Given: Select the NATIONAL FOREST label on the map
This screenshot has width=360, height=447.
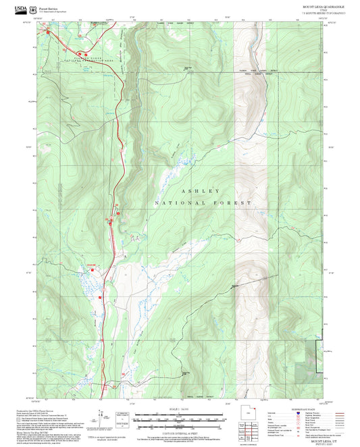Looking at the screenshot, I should (203, 203).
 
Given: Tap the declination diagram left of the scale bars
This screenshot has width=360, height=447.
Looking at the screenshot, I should (122, 419).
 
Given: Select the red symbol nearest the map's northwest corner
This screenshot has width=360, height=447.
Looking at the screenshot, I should (51, 30).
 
